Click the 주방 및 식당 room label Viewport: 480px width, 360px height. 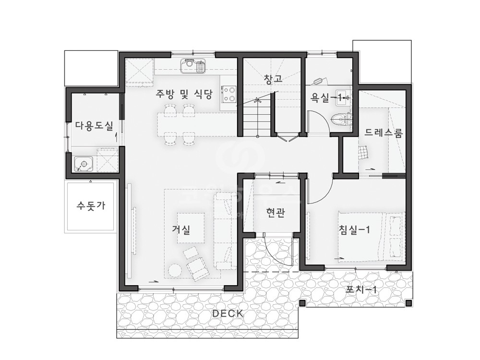(x=184, y=94)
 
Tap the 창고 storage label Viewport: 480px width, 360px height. (x=273, y=78)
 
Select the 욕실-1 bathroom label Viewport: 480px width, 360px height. (x=326, y=98)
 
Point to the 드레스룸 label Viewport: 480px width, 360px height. (x=384, y=132)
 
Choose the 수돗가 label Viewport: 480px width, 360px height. (x=91, y=205)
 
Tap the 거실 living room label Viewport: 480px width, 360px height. (x=181, y=229)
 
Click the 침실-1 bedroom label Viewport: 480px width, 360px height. (x=355, y=229)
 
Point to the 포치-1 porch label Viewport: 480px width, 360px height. (x=361, y=289)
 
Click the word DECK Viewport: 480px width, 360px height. (x=228, y=313)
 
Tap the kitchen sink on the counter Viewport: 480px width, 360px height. (x=192, y=66)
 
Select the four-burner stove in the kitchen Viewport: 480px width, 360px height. (x=228, y=95)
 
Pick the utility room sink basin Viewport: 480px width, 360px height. (x=84, y=164)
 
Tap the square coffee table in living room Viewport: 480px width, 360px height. (x=191, y=228)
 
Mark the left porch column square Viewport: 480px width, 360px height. (x=302, y=303)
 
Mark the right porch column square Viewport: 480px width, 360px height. (x=408, y=303)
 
